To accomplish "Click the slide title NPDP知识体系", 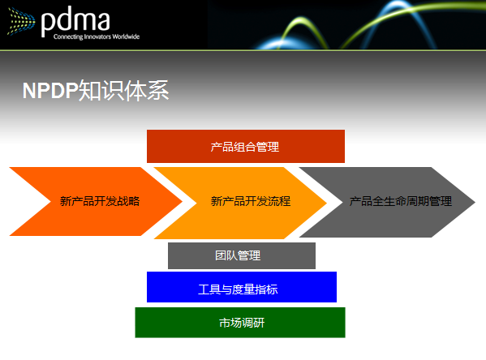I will (96, 91).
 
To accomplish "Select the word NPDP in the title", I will (49, 92).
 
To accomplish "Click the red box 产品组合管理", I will (245, 146).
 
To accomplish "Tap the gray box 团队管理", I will (241, 255).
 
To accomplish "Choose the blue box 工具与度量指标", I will (241, 288).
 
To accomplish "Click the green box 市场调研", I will (239, 323).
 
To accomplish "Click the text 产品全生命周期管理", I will (400, 201).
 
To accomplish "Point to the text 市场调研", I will (241, 323).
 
